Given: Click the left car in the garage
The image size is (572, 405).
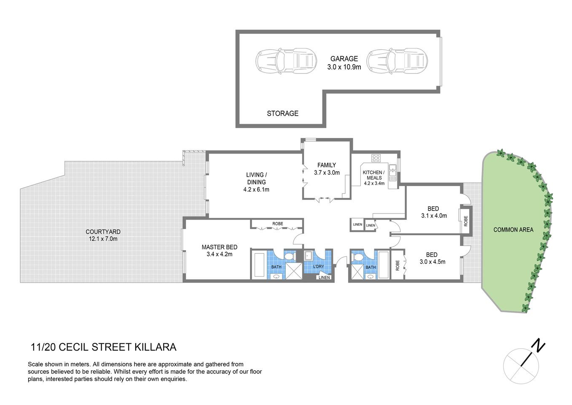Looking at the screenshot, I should (286, 61).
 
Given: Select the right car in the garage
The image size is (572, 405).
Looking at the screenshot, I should (397, 61).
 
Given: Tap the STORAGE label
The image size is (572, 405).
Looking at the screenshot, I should (282, 113).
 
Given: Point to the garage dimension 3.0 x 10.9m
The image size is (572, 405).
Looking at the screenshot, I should (344, 67).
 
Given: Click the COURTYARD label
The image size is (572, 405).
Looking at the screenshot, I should (103, 232).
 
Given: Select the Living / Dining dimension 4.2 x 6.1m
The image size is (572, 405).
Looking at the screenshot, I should (256, 190).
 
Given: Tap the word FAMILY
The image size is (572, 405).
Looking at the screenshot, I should (327, 165).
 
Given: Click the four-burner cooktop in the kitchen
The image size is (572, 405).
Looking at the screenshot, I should (376, 158).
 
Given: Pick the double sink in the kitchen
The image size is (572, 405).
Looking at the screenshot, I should (393, 172).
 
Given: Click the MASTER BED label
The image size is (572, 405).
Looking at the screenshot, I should (219, 247).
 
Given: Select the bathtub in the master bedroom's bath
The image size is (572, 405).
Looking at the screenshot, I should (258, 265).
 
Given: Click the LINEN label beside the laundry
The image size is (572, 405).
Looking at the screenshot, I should (324, 277).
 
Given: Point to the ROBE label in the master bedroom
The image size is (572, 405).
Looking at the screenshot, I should (277, 224).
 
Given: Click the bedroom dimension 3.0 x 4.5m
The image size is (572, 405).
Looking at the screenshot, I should (432, 262).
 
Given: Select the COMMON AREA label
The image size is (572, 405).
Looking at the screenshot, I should (513, 230).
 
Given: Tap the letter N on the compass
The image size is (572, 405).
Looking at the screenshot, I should (538, 346).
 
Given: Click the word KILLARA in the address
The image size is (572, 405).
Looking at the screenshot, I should (155, 347).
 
